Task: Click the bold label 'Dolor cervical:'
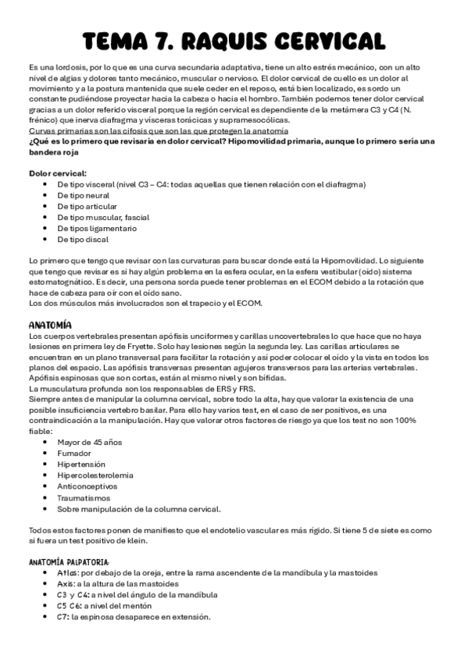point(58,173)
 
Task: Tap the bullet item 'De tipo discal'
point(84,240)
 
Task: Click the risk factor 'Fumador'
point(74,453)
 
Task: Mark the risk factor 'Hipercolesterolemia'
point(95,475)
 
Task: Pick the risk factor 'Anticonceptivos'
point(88,486)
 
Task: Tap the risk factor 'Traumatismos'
point(84,497)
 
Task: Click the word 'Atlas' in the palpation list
point(68,573)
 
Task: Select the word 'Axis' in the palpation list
point(66,584)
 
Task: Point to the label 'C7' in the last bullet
point(63,617)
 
